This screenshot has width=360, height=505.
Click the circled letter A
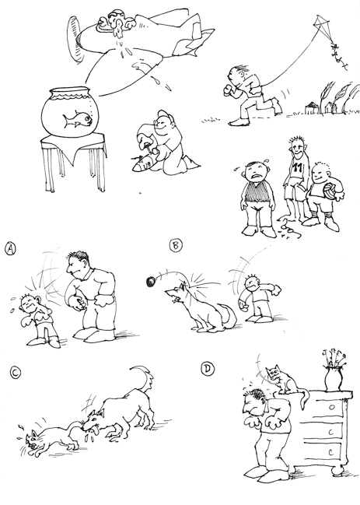point(11,249)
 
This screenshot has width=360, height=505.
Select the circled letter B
point(176,245)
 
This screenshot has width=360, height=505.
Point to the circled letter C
point(16,373)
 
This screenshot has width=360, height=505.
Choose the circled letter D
point(208,369)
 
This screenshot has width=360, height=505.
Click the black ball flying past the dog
point(151,282)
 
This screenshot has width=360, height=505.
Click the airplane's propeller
point(75,40)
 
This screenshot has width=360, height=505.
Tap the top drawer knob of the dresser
point(332,406)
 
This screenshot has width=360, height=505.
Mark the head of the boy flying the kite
point(236,76)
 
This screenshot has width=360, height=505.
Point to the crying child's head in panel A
point(30,303)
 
